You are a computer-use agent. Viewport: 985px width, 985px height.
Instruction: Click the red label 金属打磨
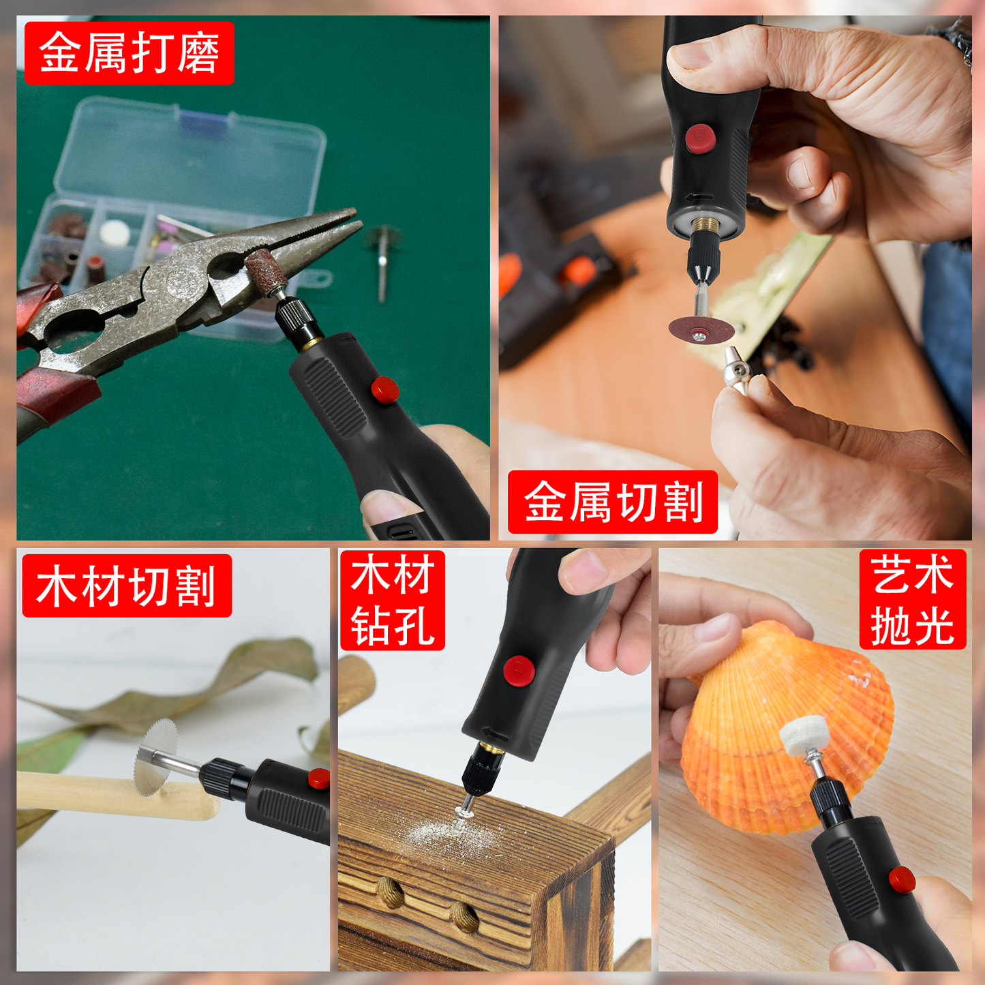129,53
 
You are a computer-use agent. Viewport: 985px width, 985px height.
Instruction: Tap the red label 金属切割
612,502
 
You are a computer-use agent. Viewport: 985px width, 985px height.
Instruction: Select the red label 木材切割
127,586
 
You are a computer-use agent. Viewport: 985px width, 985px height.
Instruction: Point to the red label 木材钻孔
392,600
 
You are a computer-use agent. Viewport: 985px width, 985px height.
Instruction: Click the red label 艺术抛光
912,599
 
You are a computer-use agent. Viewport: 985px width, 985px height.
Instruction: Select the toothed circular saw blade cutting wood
155,756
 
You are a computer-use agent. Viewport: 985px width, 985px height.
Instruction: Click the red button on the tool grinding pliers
384,390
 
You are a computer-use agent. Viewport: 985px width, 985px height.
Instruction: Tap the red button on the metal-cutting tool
700,138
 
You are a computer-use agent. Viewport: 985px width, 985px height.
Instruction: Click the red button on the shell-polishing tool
901,880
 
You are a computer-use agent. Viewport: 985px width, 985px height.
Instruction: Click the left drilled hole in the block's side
391,893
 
